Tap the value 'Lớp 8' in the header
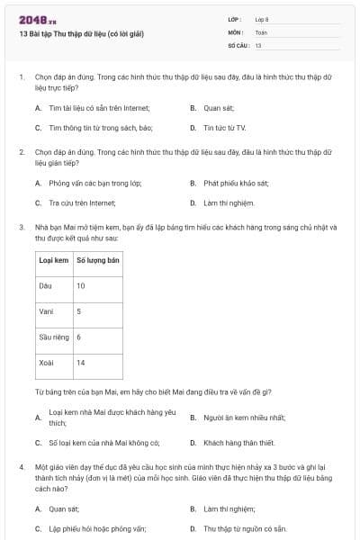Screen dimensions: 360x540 pyautogui.click(x=262, y=19)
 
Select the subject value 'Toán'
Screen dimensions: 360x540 pyautogui.click(x=261, y=31)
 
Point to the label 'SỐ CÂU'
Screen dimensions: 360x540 pyautogui.click(x=238, y=44)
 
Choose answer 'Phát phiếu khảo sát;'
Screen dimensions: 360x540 pyautogui.click(x=236, y=183)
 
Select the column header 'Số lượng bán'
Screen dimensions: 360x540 pyautogui.click(x=97, y=259)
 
